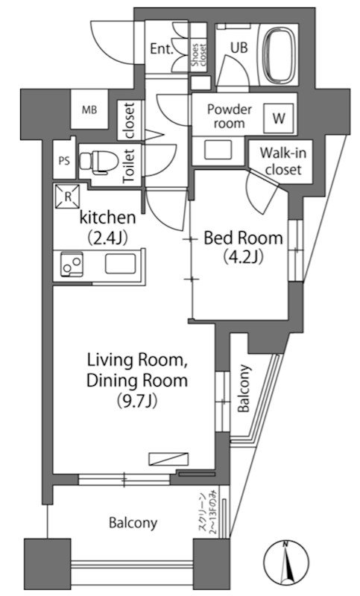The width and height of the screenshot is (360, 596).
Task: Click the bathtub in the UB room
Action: (280, 55)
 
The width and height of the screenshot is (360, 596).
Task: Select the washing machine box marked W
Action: (279, 118)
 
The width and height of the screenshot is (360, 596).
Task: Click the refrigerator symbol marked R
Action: (68, 197)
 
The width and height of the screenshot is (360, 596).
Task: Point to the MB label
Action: (89, 110)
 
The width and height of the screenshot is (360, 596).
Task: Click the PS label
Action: (64, 161)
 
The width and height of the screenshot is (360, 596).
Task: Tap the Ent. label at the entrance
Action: (162, 48)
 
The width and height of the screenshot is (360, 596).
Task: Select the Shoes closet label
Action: (198, 55)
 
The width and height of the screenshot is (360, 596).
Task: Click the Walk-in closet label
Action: (283, 161)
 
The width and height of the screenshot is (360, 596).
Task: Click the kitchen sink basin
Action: (120, 264)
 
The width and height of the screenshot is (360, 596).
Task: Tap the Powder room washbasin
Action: (218, 150)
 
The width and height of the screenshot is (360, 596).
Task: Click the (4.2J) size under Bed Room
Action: (243, 256)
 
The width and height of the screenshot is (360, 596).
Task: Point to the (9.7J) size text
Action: (137, 401)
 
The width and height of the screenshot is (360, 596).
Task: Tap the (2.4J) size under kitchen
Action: (107, 237)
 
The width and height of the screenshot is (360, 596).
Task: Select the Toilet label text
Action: (129, 165)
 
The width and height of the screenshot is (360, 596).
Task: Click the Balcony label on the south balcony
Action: (133, 523)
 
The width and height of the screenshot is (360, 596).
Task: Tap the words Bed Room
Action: (243, 238)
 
